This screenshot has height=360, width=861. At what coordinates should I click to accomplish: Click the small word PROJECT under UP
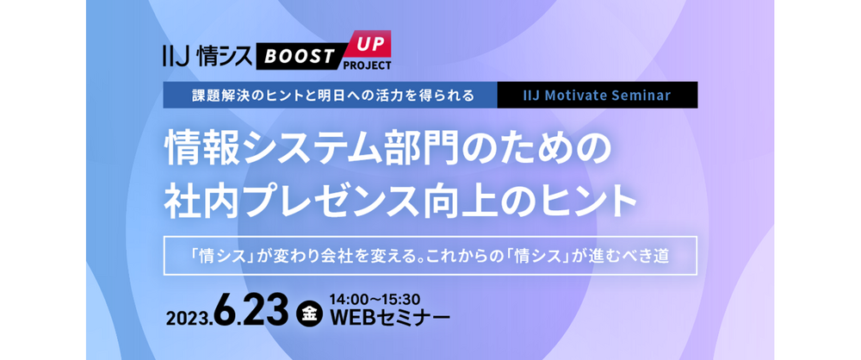[x=367, y=65]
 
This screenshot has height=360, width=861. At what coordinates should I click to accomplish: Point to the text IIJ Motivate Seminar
[x=597, y=95]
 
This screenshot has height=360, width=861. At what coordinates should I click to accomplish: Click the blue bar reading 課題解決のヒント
[x=330, y=95]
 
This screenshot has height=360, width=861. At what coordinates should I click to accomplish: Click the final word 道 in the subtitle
[x=661, y=257]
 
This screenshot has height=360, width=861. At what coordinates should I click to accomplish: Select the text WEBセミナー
[x=389, y=318]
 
